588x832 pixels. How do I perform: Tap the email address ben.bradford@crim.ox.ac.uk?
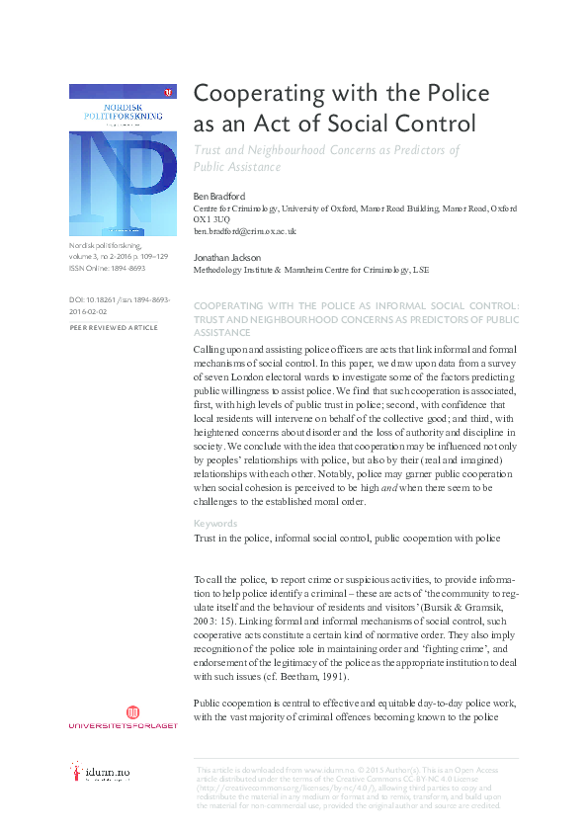(244, 230)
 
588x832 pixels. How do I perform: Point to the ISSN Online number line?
(107, 267)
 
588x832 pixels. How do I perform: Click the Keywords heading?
(214, 524)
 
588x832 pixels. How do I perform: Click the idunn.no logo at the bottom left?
(99, 773)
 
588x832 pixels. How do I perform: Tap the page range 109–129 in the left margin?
(149, 256)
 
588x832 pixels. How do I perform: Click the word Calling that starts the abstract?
(214, 351)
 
